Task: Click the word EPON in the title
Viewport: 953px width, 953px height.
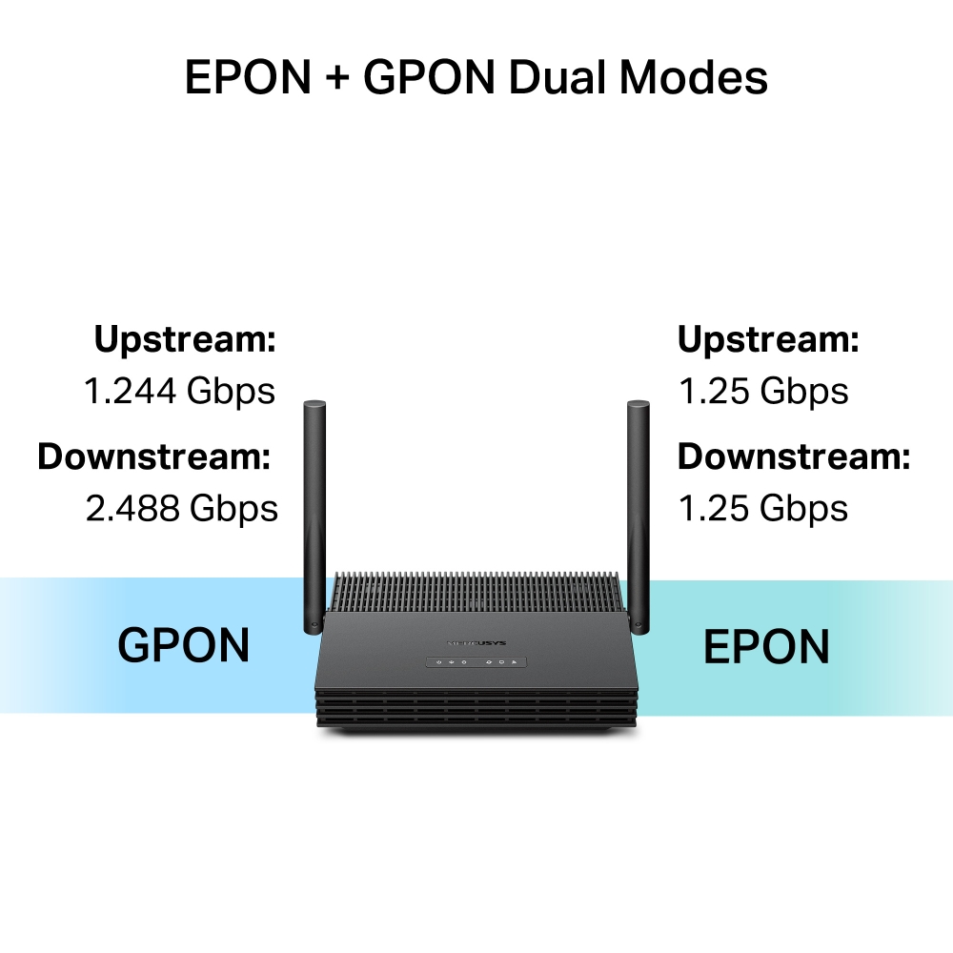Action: click(248, 78)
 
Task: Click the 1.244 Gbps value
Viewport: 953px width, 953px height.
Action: click(179, 391)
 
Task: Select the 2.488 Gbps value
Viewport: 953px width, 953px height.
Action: click(181, 509)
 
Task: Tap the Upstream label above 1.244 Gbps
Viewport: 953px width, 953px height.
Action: click(185, 339)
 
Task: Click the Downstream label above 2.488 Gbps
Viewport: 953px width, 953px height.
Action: click(154, 457)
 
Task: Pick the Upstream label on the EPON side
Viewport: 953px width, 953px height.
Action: click(768, 339)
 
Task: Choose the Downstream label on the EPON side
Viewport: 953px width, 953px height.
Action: click(794, 457)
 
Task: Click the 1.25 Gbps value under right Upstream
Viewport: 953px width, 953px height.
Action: click(762, 391)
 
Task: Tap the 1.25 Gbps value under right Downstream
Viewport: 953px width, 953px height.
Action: click(762, 509)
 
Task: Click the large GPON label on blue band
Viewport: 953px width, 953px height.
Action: click(183, 646)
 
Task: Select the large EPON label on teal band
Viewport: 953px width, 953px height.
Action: click(766, 648)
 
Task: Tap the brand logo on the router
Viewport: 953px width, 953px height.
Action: click(475, 639)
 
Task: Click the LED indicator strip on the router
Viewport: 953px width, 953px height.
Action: click(475, 661)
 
